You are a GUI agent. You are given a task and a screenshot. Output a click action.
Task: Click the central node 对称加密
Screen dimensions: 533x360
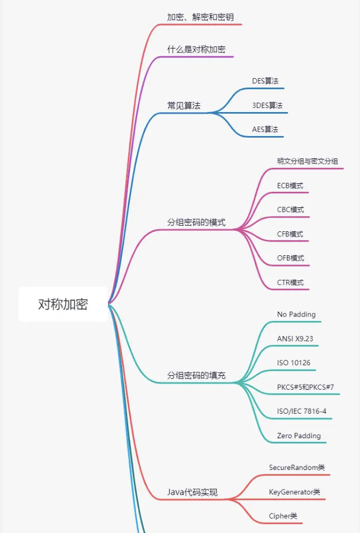point(63,304)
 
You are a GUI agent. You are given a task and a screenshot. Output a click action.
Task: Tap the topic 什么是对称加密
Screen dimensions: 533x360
point(196,49)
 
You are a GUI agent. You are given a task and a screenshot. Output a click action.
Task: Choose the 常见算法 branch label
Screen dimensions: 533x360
point(184,105)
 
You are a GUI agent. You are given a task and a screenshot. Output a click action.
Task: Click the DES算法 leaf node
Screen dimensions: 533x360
point(265,81)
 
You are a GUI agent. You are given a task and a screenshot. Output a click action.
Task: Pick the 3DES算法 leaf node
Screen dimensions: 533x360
point(267,105)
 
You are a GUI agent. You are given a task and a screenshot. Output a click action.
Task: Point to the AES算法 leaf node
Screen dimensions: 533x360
point(265,129)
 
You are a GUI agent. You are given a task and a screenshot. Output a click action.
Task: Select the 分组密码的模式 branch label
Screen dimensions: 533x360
point(196,222)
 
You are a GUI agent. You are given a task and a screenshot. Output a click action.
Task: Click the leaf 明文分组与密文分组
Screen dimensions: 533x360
point(308,161)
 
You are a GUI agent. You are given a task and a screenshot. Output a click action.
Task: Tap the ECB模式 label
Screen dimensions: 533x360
point(290,186)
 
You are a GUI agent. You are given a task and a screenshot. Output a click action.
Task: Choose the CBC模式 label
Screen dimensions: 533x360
point(290,210)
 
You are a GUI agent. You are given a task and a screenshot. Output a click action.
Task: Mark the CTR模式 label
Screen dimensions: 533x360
point(290,283)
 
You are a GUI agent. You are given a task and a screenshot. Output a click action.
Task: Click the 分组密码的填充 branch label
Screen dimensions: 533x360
point(196,375)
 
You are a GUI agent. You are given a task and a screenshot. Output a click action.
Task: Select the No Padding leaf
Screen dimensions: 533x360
point(296,314)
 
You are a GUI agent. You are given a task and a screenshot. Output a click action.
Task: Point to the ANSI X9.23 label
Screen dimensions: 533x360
point(298,338)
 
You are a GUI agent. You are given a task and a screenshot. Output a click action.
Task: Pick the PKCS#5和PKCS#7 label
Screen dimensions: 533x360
point(305,387)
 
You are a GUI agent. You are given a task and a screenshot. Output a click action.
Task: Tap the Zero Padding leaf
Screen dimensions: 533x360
point(299,436)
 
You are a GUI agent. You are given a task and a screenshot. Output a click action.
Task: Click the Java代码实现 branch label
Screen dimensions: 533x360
point(192,492)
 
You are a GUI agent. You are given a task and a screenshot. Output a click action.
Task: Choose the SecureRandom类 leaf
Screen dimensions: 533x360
point(296,467)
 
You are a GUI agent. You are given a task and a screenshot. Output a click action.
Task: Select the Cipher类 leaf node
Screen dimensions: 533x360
point(283,516)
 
